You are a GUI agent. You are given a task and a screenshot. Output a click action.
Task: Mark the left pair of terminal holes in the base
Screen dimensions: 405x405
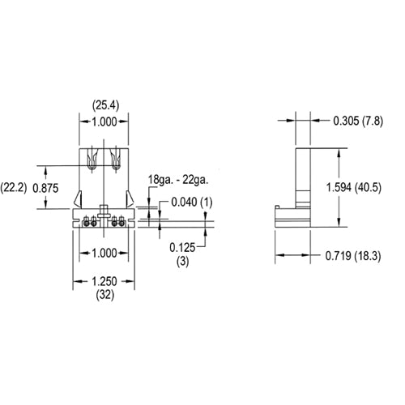point(88,221)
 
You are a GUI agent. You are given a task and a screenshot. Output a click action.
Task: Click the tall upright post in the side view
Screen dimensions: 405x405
point(304,174)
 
